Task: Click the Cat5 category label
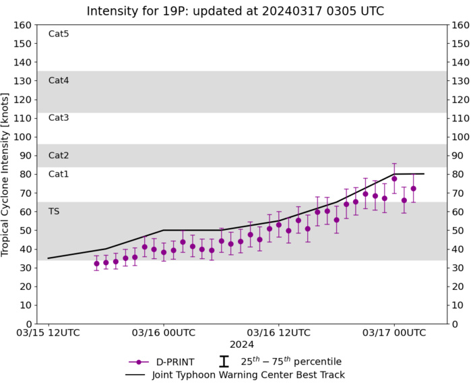coord(59,34)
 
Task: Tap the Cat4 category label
coord(59,80)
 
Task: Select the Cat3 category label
coord(59,118)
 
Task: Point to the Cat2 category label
coord(59,155)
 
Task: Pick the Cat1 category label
coord(59,174)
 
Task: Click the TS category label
coord(54,211)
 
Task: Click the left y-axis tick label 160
coord(23,25)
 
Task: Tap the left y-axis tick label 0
coord(28,324)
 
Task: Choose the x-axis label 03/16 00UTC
coord(163,333)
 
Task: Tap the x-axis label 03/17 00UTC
coord(394,333)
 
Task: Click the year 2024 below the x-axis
coord(241,345)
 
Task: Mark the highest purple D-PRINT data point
coord(394,179)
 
